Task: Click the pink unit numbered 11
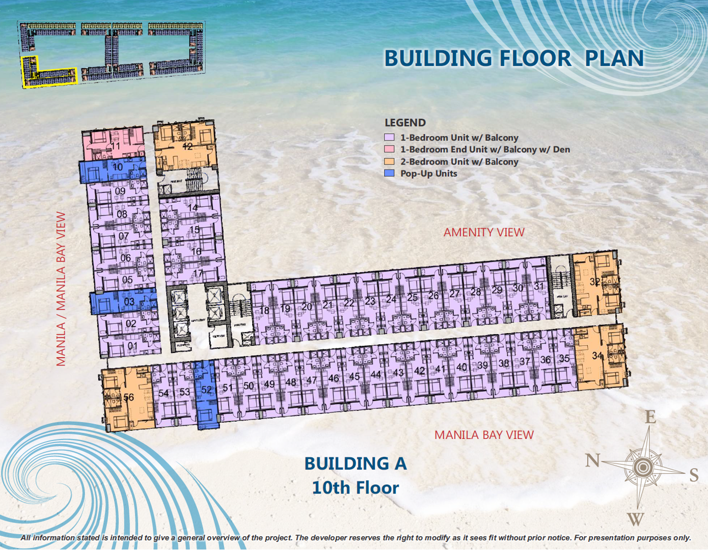pos(113,144)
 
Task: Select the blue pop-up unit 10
pos(113,170)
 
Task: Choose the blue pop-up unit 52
pos(206,395)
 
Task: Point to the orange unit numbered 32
pos(596,283)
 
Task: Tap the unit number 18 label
pos(264,310)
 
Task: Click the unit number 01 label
pos(132,346)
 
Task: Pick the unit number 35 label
pos(564,359)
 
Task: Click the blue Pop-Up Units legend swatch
pos(389,173)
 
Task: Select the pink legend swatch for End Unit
pos(389,149)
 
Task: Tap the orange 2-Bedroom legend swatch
pos(389,161)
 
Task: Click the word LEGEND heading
pos(405,123)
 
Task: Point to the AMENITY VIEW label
pos(483,232)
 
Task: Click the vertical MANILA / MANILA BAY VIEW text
pos(61,289)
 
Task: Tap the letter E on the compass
pos(650,418)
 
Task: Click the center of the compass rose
pos(643,467)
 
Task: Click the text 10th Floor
pos(355,488)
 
